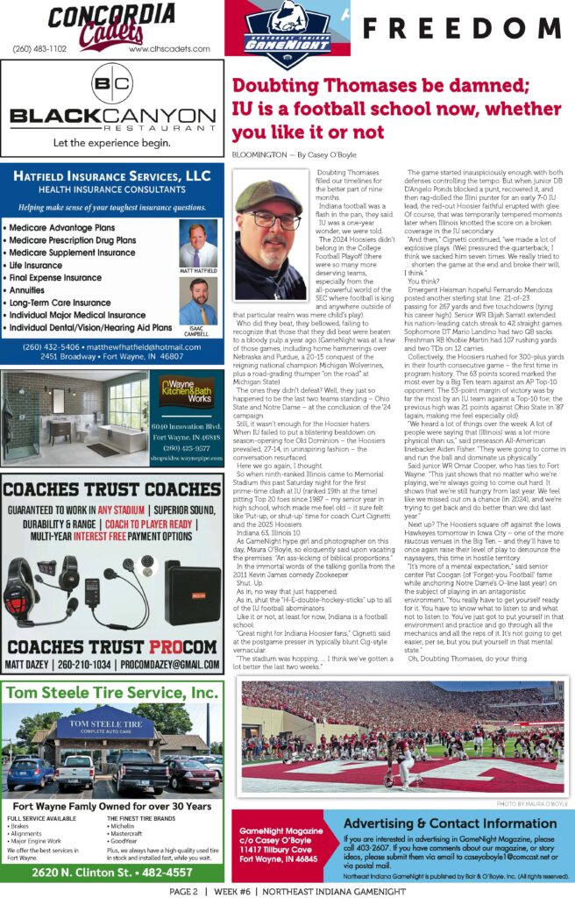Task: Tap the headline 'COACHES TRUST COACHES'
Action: pos(111,488)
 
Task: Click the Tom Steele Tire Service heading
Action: pos(111,694)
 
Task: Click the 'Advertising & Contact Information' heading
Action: pos(451,823)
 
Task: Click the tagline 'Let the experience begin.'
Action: pos(111,142)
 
